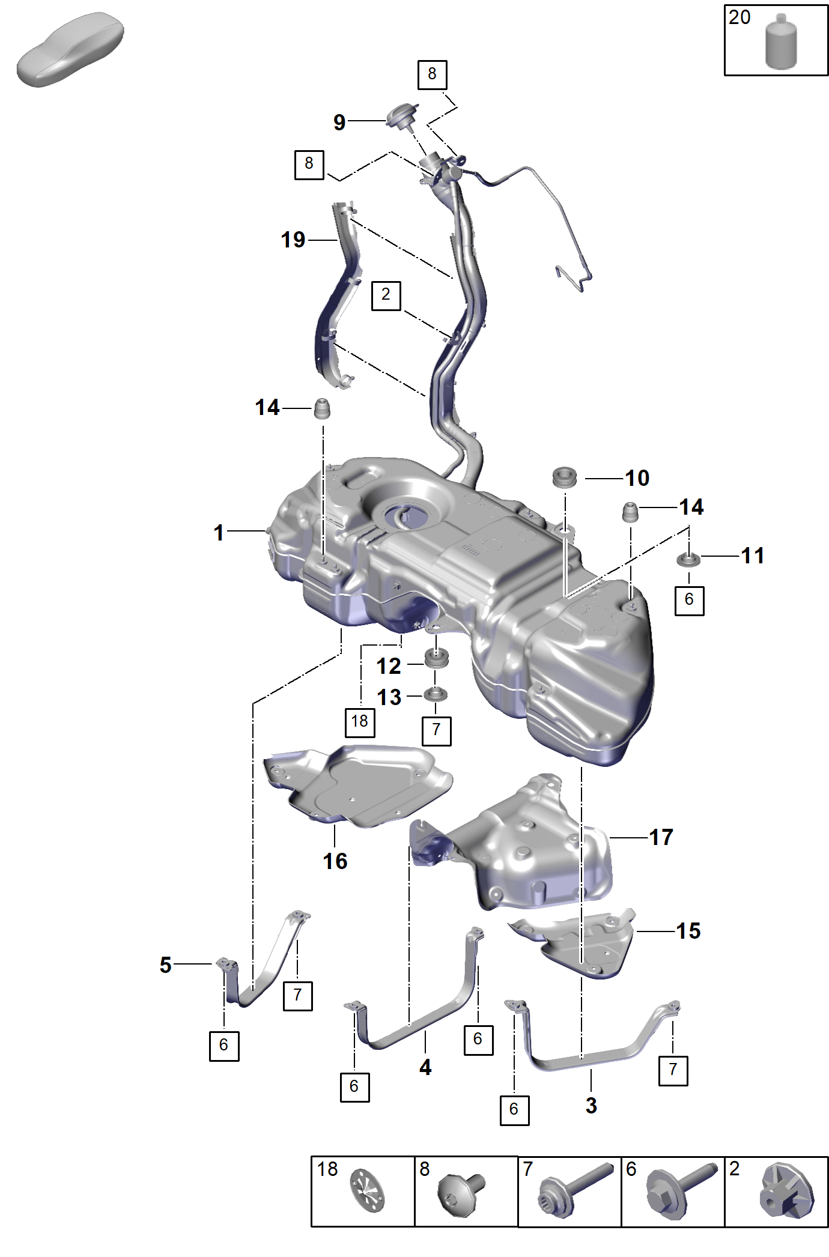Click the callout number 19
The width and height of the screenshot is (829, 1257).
tap(293, 240)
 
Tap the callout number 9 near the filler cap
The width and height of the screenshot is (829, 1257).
tap(339, 123)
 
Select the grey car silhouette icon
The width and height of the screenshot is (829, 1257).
tap(70, 49)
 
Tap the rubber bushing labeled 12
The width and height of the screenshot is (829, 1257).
tap(437, 658)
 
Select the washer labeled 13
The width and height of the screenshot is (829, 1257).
tap(436, 695)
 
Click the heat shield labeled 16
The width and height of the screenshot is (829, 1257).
tap(358, 786)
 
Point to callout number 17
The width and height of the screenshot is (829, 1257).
tap(661, 837)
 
